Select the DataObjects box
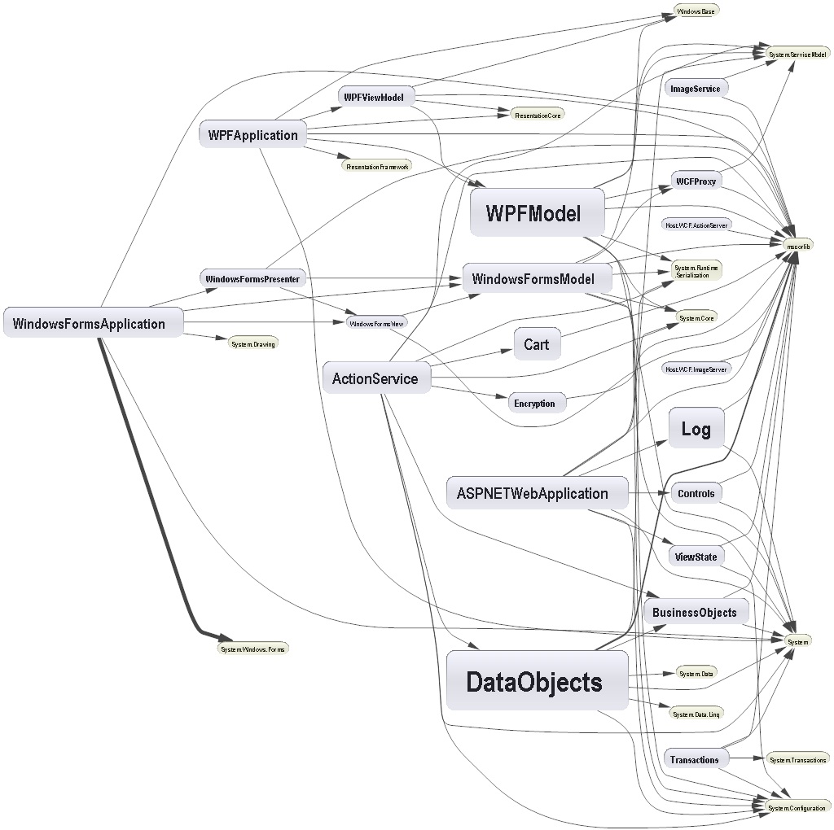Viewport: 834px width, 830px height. (537, 681)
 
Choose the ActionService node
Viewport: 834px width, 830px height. (375, 378)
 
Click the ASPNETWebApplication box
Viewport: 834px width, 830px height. (537, 493)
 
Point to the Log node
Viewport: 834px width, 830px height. (696, 429)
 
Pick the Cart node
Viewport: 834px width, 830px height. (537, 344)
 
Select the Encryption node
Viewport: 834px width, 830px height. (535, 404)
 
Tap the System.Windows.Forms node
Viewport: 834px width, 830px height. (252, 649)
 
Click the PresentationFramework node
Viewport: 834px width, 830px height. (377, 166)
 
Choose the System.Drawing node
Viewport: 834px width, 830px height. (253, 343)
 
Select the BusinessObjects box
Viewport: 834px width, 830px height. (695, 612)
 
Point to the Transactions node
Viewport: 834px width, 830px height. (695, 759)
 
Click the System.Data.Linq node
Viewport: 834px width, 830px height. (695, 714)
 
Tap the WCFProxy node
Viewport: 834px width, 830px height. (695, 181)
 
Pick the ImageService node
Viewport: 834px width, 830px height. (695, 88)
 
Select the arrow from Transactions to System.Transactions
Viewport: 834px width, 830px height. (745, 759)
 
